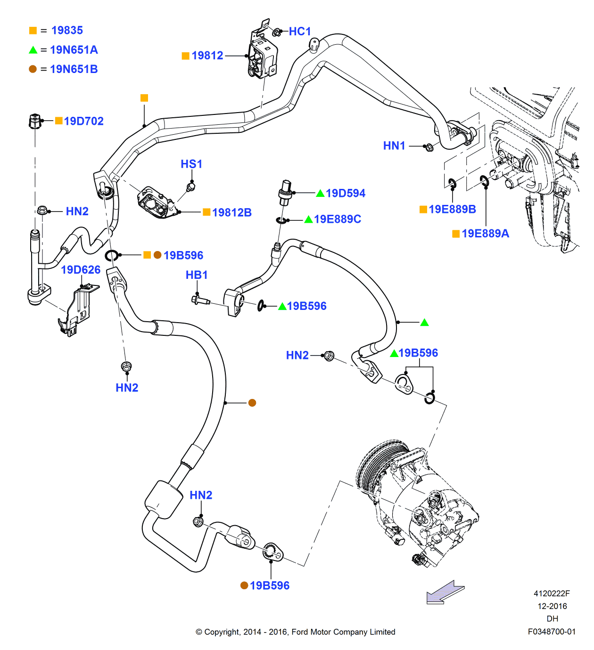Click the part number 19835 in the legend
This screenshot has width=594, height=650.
(x=67, y=31)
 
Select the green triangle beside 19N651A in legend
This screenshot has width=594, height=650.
(x=33, y=50)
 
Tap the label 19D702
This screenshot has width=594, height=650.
(x=83, y=121)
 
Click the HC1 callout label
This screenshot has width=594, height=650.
(x=300, y=32)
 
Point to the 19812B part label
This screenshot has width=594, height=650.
(x=231, y=212)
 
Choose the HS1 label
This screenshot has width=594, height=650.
(x=191, y=164)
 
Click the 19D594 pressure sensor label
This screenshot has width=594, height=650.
(x=345, y=193)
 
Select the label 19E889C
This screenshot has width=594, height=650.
(x=338, y=219)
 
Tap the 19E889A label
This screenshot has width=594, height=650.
(x=485, y=234)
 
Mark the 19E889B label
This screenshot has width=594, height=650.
(x=452, y=209)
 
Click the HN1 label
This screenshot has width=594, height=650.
(x=394, y=146)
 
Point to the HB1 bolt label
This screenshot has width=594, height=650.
(x=197, y=275)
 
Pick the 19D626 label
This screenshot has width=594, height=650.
(x=81, y=270)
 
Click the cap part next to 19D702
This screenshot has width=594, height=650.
(x=34, y=121)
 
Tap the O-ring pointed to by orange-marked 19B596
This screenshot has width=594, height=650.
(x=112, y=256)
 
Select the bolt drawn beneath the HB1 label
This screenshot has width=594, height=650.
(x=200, y=300)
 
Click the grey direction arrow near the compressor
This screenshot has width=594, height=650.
(x=445, y=592)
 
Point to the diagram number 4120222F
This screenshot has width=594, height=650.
(x=552, y=593)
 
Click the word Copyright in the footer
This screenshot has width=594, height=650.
(x=222, y=632)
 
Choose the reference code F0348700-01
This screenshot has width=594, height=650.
(x=552, y=632)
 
